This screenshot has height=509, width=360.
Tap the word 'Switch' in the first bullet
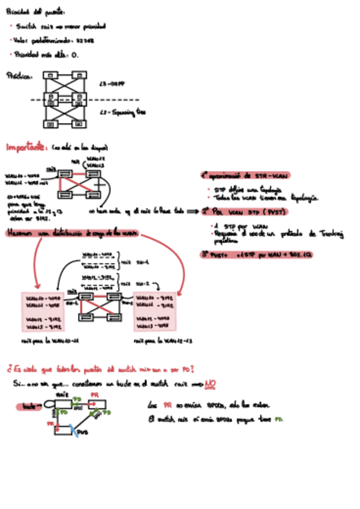pyautogui.click(x=27, y=26)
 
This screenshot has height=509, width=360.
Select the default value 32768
pyautogui.click(x=84, y=40)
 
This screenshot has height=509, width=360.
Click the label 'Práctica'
pyautogui.click(x=19, y=76)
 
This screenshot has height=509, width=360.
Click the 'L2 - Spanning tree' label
pyautogui.click(x=122, y=112)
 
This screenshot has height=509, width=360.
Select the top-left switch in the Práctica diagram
pyautogui.click(x=51, y=76)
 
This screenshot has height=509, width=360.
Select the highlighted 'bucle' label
pyautogui.click(x=28, y=406)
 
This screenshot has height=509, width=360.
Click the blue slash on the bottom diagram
pyautogui.click(x=73, y=429)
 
